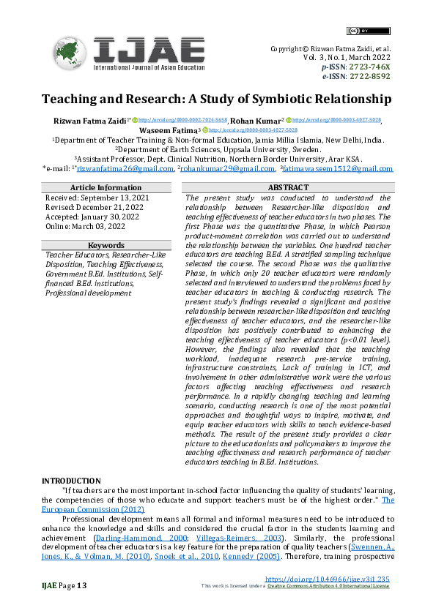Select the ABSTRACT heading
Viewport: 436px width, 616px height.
(287, 188)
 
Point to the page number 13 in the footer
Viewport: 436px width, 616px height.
(81, 585)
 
